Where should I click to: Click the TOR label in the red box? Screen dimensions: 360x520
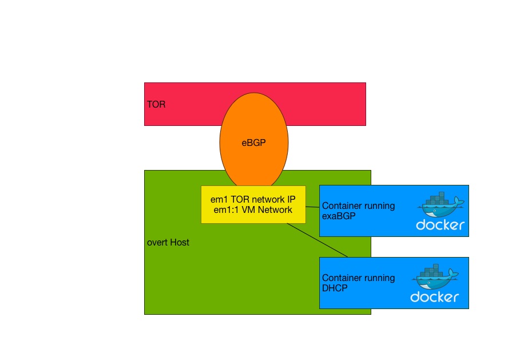(x=156, y=105)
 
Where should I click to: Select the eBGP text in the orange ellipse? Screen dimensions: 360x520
(x=253, y=143)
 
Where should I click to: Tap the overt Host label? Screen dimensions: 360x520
(x=168, y=243)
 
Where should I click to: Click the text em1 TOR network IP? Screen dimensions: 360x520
(x=253, y=200)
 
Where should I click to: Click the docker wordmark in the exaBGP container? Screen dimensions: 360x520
(x=440, y=225)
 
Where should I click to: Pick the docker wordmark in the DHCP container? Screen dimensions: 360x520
(x=434, y=297)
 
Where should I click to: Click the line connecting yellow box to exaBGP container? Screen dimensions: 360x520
(x=312, y=207)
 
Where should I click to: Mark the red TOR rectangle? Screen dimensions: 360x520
(x=326, y=104)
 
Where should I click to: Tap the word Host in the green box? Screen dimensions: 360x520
(x=179, y=243)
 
